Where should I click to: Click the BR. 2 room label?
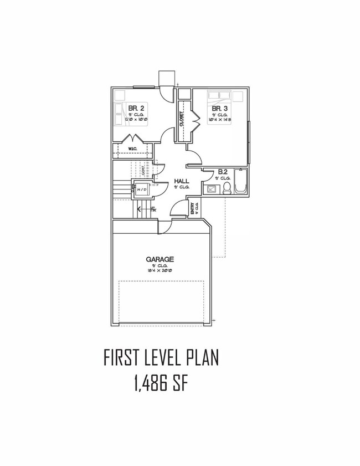click(136, 107)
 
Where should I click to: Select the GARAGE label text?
click(161, 259)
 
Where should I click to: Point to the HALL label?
click(182, 181)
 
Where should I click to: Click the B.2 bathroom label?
click(223, 172)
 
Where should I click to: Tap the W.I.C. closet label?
click(132, 149)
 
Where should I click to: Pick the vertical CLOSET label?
click(181, 119)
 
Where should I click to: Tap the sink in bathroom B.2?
click(212, 190)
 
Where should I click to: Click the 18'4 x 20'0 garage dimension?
click(161, 272)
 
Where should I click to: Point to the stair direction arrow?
click(140, 209)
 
